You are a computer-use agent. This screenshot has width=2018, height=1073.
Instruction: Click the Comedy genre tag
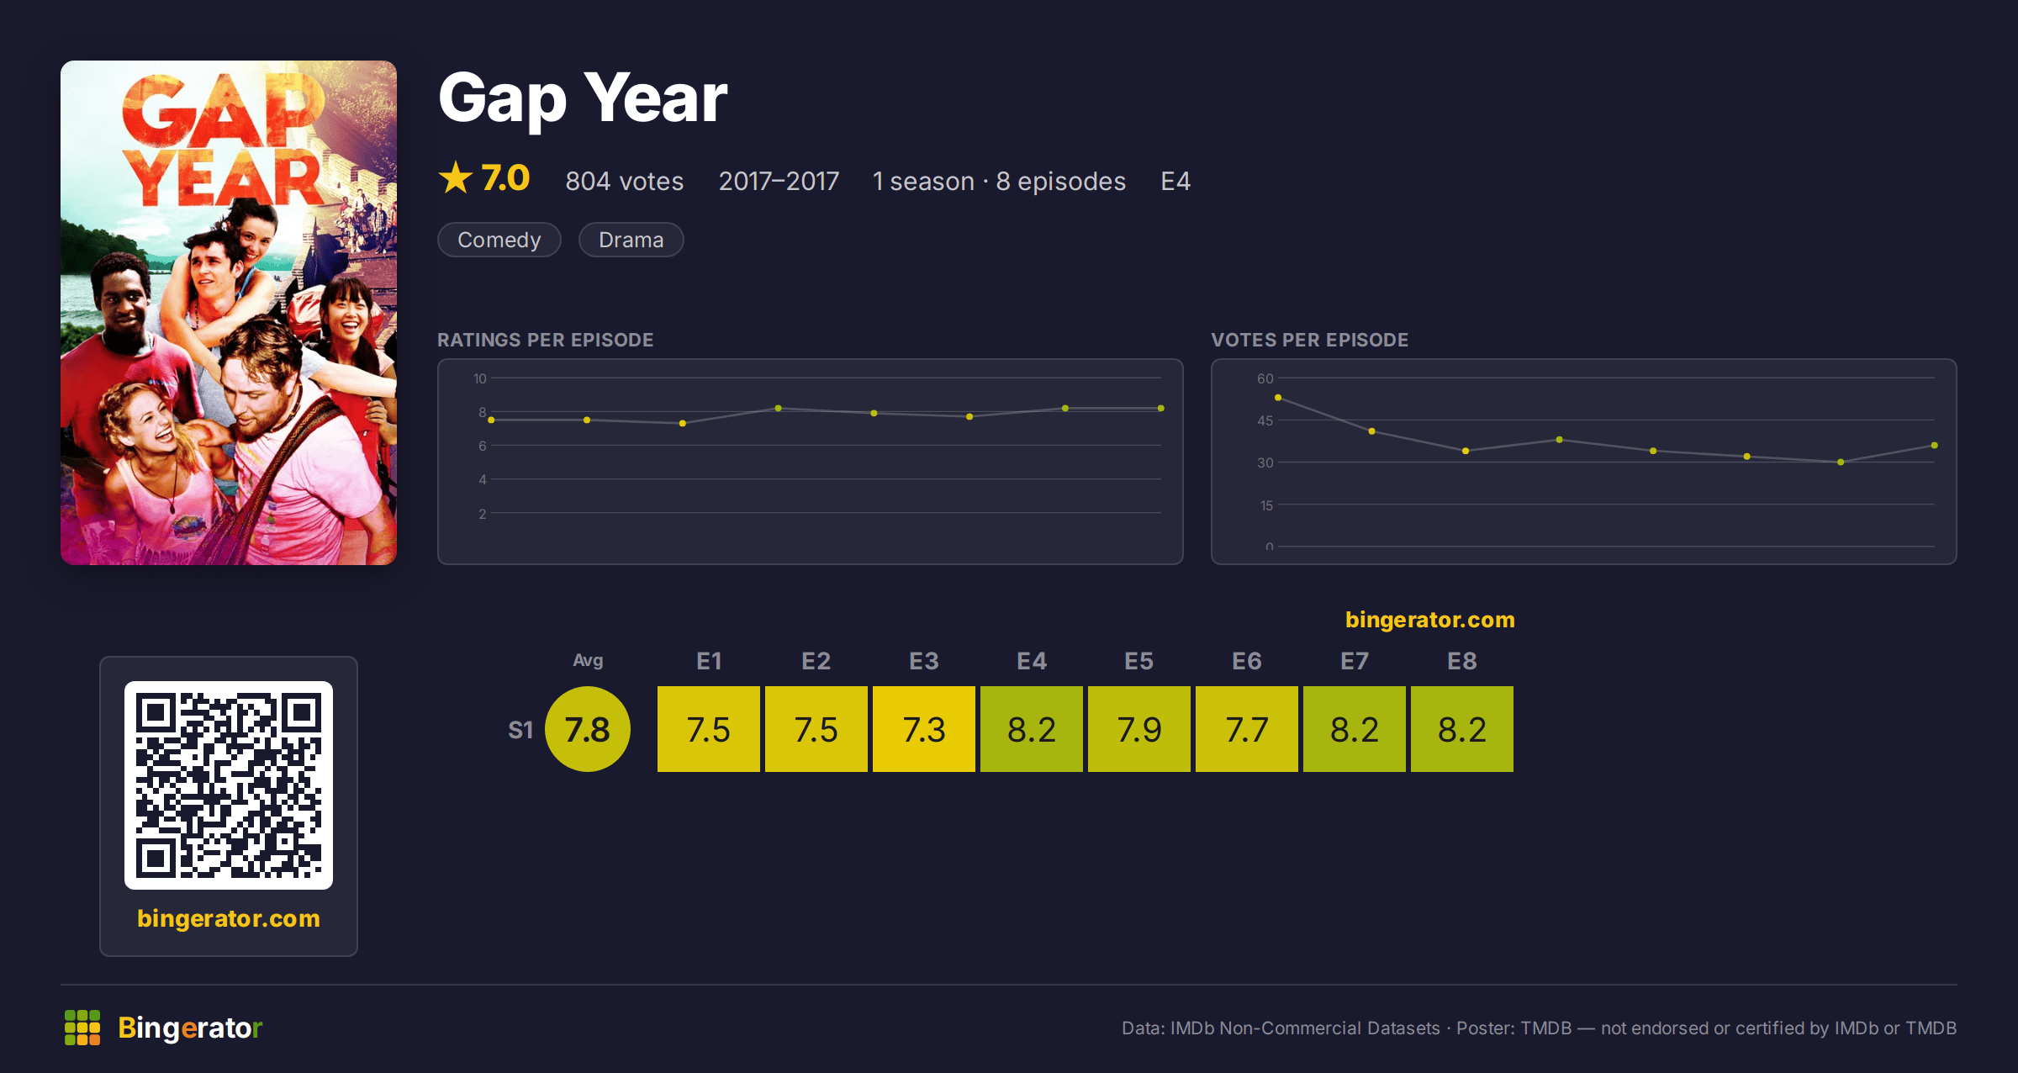coord(499,240)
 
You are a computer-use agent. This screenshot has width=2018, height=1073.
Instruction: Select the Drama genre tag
coord(631,240)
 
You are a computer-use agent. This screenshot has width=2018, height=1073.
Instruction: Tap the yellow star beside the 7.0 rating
coord(456,177)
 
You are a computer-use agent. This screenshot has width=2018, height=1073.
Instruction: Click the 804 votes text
coord(624,181)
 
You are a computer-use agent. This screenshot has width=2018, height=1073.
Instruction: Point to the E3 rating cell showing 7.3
coord(923,729)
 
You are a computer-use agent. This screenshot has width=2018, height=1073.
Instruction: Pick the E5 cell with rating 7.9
coord(1138,729)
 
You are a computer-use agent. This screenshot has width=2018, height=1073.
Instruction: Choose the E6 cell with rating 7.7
coord(1246,729)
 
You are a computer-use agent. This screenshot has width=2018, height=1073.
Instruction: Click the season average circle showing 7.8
coord(587,729)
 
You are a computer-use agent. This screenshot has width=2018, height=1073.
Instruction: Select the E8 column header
coord(1461,661)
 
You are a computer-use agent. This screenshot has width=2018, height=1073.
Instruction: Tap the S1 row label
coord(520,730)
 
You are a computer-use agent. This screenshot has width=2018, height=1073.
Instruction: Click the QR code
coord(229,785)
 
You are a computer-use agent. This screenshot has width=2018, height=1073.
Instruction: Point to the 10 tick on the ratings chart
coord(479,378)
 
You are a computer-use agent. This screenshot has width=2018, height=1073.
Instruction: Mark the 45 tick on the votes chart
coord(1265,420)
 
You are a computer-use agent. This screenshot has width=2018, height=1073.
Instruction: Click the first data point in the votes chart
coord(1278,398)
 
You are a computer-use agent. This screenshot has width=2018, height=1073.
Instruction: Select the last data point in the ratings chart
coord(1161,409)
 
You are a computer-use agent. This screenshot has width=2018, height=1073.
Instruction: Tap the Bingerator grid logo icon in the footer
coord(82,1028)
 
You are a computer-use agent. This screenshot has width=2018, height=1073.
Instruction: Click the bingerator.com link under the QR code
coord(229,918)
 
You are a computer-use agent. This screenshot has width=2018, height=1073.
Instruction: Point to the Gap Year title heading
coord(583,98)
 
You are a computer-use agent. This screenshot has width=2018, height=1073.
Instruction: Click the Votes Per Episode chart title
coord(1309,340)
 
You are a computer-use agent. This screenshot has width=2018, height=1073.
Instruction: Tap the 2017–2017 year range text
coord(779,181)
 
